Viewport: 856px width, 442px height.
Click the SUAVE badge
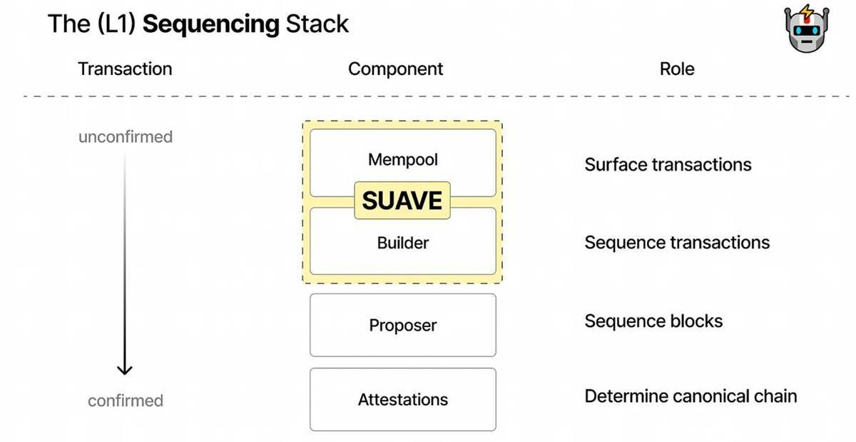point(402,201)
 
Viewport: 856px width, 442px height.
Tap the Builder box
point(402,243)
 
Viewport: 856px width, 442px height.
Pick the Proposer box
point(402,325)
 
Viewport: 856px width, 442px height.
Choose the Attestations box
point(402,399)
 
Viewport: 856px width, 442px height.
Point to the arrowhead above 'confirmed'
point(125,368)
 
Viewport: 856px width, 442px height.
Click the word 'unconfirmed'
point(126,136)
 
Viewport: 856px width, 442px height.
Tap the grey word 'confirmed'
point(126,401)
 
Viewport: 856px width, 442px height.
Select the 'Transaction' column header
point(125,69)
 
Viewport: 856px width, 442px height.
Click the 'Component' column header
point(395,69)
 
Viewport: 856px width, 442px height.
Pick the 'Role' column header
point(676,69)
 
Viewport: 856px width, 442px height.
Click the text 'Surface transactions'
point(668,165)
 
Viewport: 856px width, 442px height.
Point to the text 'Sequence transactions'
point(677,243)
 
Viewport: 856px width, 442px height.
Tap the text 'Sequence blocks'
point(653,321)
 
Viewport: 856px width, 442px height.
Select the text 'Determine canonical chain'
point(691,396)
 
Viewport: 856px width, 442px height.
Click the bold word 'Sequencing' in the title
point(210,24)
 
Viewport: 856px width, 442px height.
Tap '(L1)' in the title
point(114,24)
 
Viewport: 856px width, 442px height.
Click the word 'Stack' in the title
point(317,24)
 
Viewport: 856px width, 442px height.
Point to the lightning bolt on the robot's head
point(807,11)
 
